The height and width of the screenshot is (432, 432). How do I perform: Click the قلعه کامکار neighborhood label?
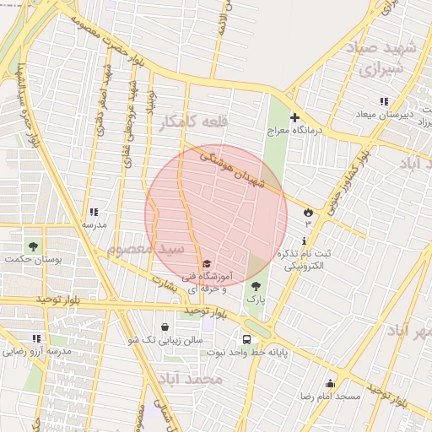point(188,125)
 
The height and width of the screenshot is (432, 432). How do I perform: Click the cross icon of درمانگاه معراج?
point(294,117)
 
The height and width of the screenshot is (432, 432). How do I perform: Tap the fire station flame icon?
point(308,212)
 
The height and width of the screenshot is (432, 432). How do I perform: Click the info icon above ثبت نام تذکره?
point(304,241)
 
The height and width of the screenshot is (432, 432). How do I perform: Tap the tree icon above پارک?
point(256,286)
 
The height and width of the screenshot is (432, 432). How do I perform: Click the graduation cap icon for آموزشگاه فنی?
point(207,264)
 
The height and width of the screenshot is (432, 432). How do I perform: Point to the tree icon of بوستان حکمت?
point(33,246)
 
